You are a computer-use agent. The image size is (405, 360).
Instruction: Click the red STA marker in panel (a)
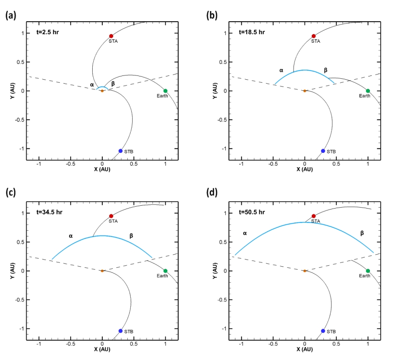pos(111,36)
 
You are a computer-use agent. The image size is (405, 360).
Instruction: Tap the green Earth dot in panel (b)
pos(368,91)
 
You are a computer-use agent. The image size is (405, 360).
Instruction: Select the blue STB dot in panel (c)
pos(120,331)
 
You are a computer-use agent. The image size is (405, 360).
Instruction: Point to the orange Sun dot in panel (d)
pos(305,271)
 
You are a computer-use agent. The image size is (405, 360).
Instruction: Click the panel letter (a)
pos(11,15)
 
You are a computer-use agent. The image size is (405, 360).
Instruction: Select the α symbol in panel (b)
pos(281,70)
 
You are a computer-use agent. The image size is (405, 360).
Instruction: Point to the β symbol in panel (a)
pos(113,83)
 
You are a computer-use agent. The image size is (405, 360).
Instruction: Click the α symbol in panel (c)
pos(70,236)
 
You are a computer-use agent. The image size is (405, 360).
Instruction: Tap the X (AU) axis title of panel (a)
pos(102,170)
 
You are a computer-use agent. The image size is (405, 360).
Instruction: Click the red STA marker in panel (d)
pos(314,216)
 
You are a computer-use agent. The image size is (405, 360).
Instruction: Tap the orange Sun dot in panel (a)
pos(102,91)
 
